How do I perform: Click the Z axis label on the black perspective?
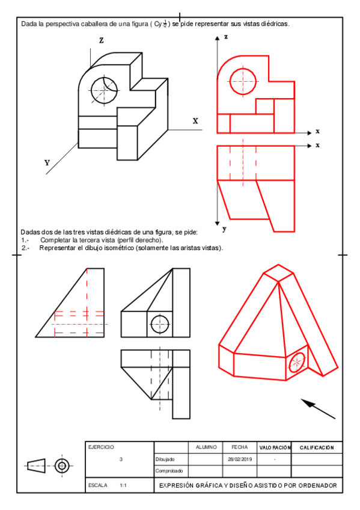click(x=102, y=40)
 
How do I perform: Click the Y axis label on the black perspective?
click(x=47, y=162)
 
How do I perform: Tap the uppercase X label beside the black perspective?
click(x=195, y=121)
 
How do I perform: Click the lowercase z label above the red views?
click(x=226, y=37)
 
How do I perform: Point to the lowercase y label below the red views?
click(x=225, y=229)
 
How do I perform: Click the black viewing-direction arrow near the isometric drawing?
click(x=318, y=409)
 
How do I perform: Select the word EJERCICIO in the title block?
click(x=101, y=447)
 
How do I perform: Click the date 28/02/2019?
click(x=240, y=459)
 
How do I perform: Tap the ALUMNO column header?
click(x=206, y=447)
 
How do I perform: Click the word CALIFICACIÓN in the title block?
click(x=317, y=448)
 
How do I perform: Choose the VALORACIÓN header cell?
click(x=275, y=448)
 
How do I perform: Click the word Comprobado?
click(x=169, y=471)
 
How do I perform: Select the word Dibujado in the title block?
click(x=165, y=459)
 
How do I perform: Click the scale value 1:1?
click(x=123, y=485)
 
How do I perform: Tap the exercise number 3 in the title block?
click(x=121, y=459)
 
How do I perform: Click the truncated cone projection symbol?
click(x=36, y=465)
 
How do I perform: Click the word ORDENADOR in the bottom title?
click(x=318, y=485)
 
